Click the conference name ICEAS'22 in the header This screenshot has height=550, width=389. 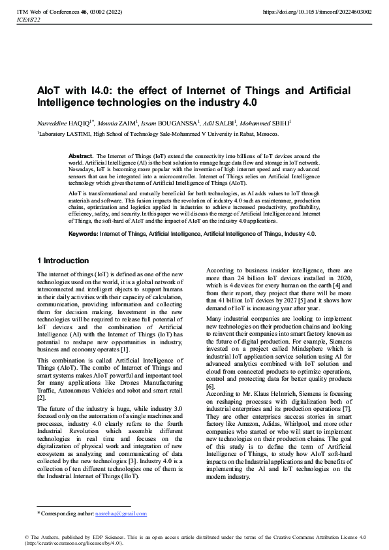coord(28,20)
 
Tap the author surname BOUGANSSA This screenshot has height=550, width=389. coord(179,122)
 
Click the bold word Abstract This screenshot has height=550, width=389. coord(81,157)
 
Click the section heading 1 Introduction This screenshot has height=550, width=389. coord(64,261)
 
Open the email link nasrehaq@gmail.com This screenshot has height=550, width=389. coord(121,514)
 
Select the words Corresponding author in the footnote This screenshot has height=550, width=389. coord(67,514)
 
